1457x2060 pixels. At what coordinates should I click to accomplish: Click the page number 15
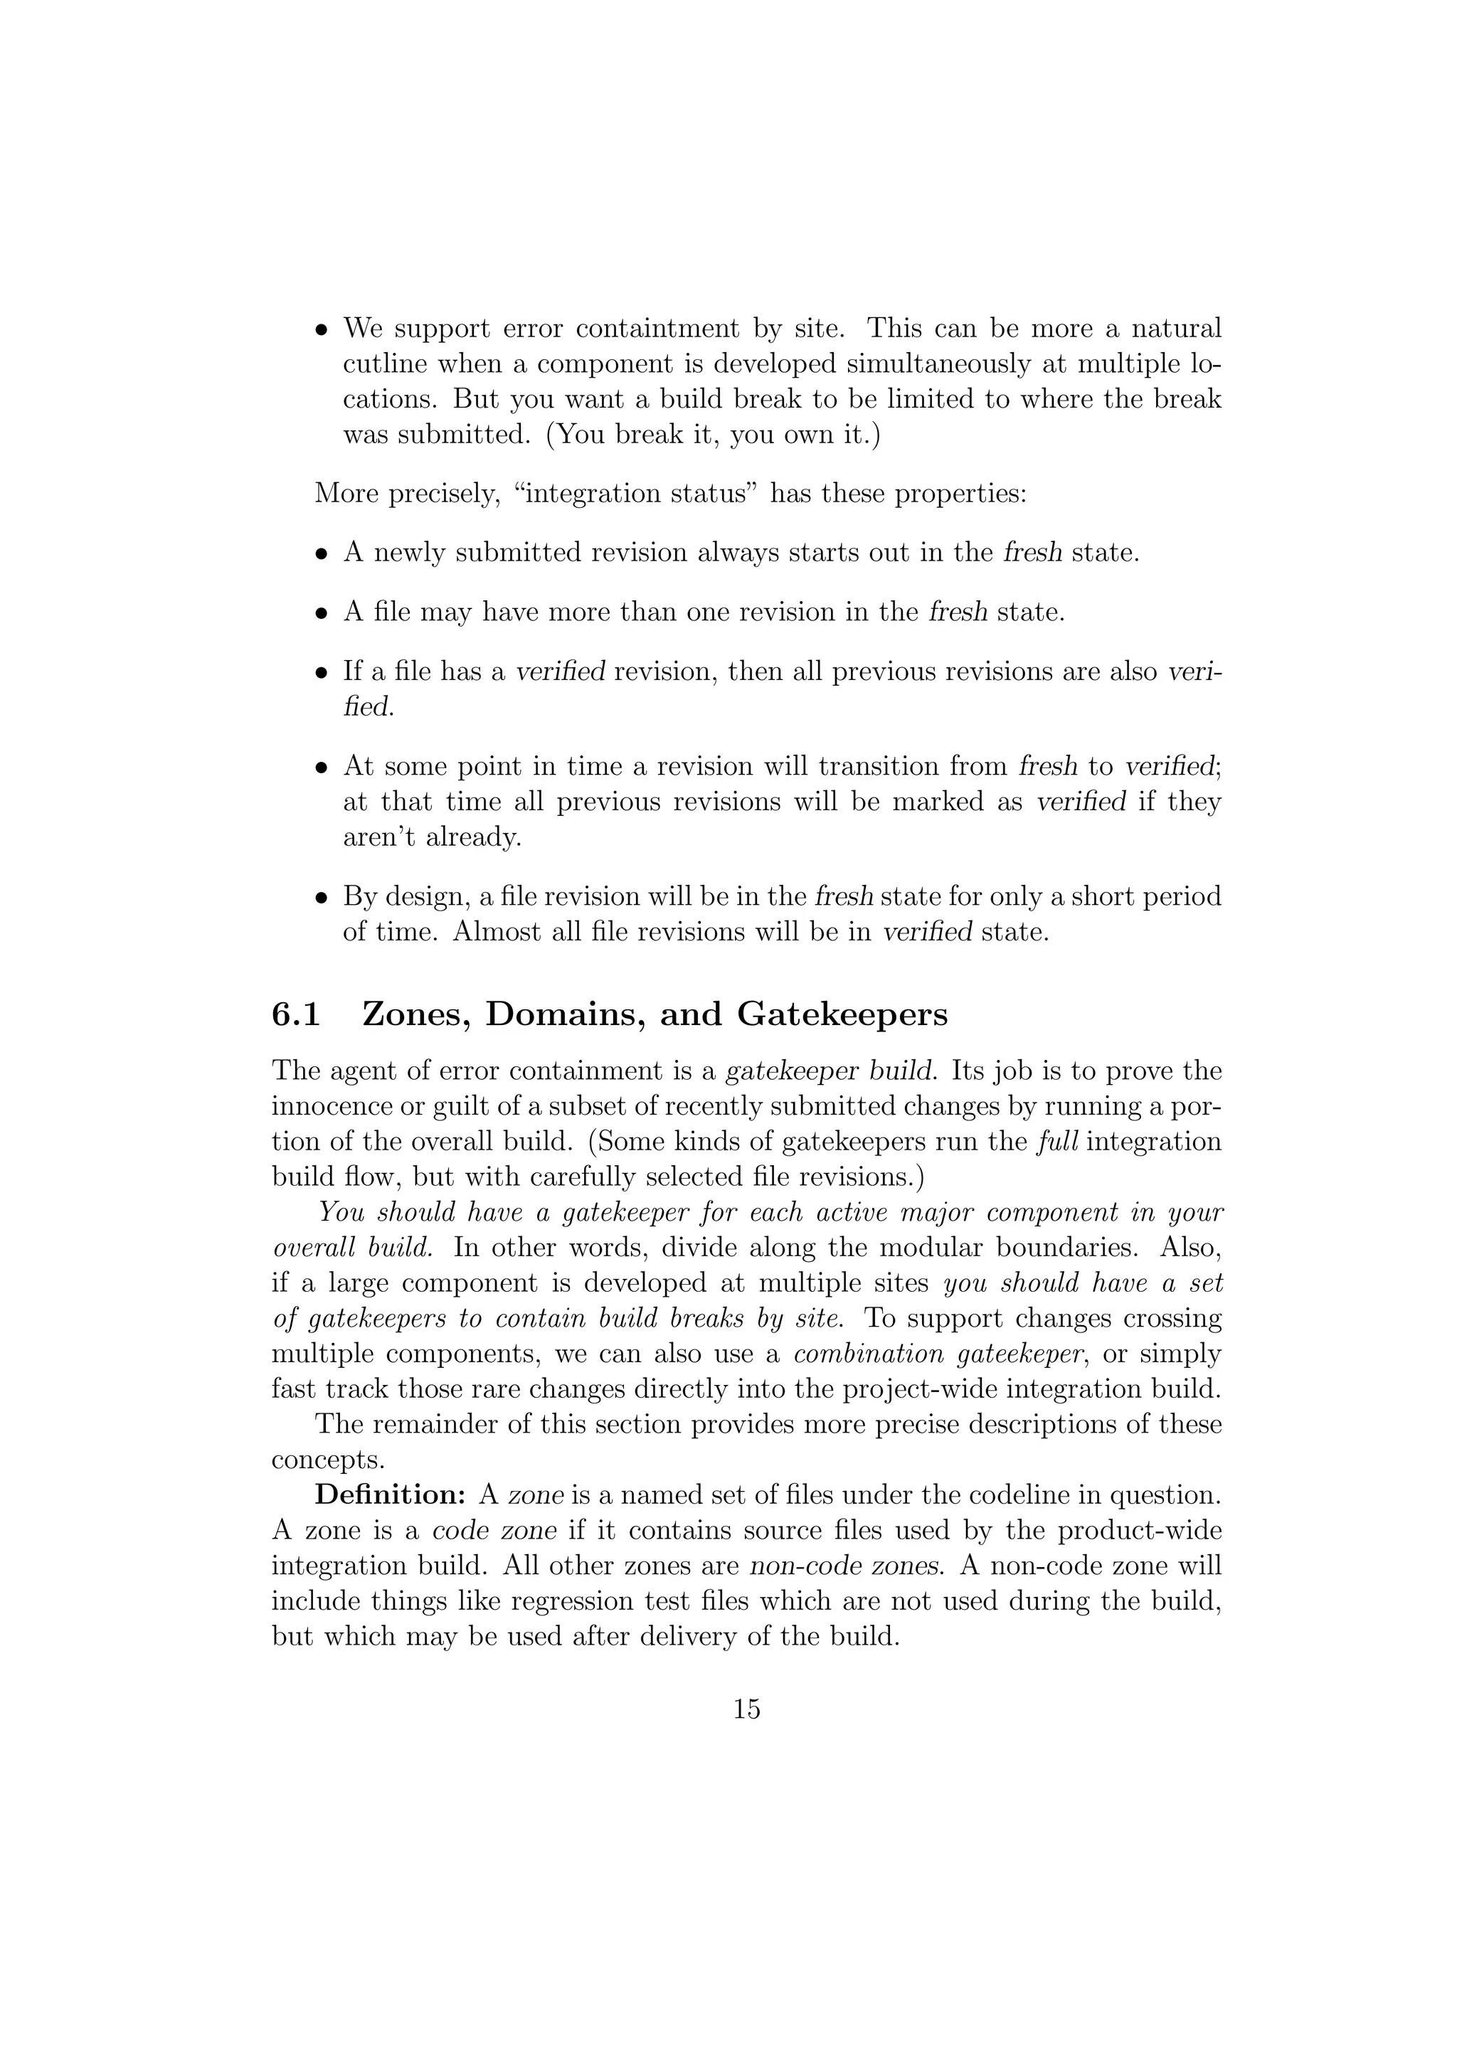pos(746,1709)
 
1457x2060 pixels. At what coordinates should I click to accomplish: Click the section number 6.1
pos(296,1015)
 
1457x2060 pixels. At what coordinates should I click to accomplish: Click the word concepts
pos(327,1460)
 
